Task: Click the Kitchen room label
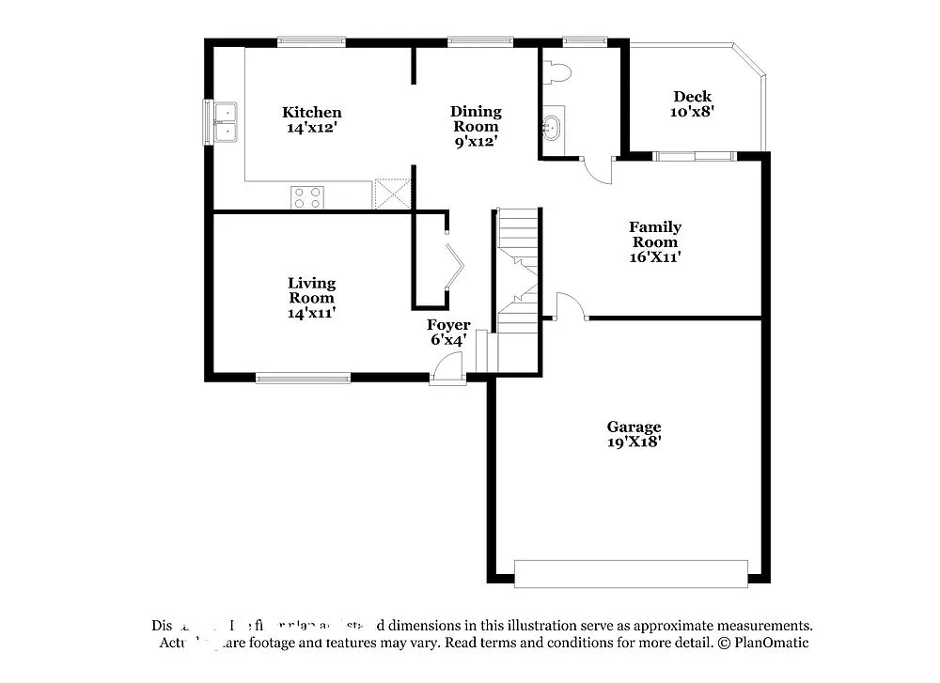coord(312,113)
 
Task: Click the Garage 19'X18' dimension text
coord(634,442)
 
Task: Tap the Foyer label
coord(448,325)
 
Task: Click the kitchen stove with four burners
coord(307,197)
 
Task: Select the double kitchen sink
coord(225,122)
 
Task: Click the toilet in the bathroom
coord(560,71)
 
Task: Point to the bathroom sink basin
coord(553,126)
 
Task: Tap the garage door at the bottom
coord(631,574)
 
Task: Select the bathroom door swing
coord(596,170)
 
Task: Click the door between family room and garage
coord(571,307)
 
